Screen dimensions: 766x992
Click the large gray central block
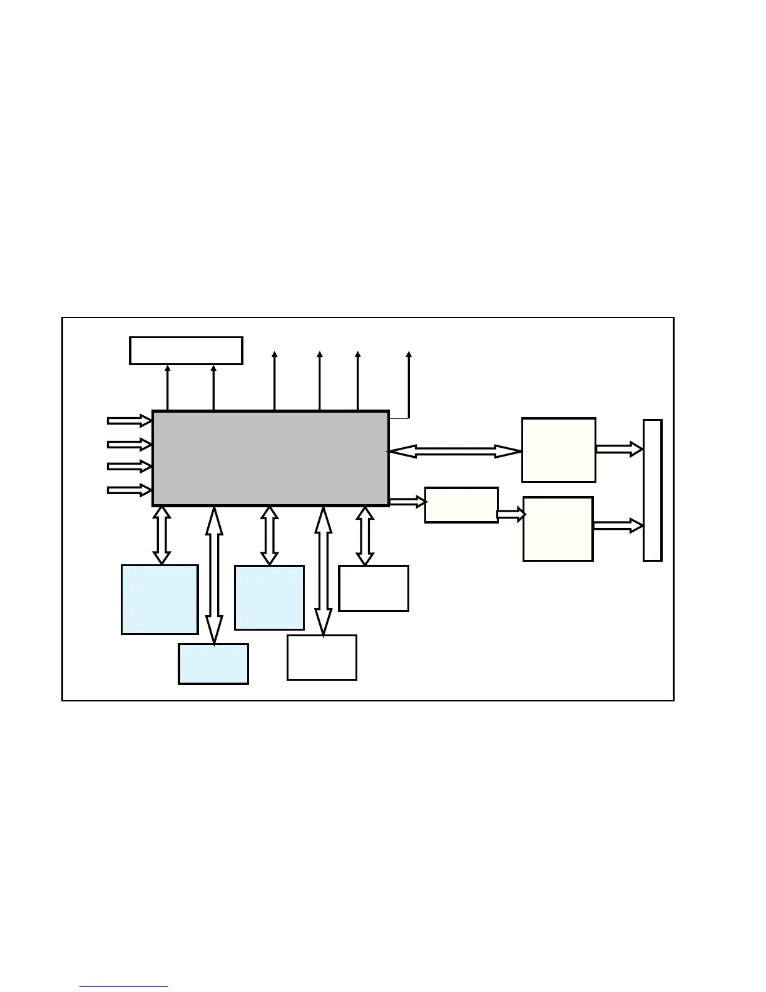(270, 458)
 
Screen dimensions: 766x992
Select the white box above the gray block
(186, 350)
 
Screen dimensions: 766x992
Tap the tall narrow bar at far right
(652, 490)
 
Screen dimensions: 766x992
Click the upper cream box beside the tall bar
(558, 450)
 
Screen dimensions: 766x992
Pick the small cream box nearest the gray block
(461, 505)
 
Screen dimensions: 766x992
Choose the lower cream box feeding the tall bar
(558, 529)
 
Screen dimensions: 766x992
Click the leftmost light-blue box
(160, 599)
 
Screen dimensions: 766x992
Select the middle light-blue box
(269, 597)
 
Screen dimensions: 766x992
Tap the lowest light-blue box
(213, 664)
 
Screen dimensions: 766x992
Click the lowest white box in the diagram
(322, 658)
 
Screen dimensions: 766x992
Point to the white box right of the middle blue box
(374, 588)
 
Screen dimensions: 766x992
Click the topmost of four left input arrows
(130, 420)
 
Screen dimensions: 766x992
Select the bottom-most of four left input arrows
(130, 490)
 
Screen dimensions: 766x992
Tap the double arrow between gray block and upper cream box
(455, 451)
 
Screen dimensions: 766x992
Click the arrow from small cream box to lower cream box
(511, 515)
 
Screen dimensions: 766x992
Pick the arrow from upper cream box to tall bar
(619, 449)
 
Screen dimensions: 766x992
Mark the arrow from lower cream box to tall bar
(618, 525)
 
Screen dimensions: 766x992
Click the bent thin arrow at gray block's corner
(408, 388)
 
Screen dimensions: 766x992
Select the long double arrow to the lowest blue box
(214, 575)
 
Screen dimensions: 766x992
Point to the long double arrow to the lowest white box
(323, 571)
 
